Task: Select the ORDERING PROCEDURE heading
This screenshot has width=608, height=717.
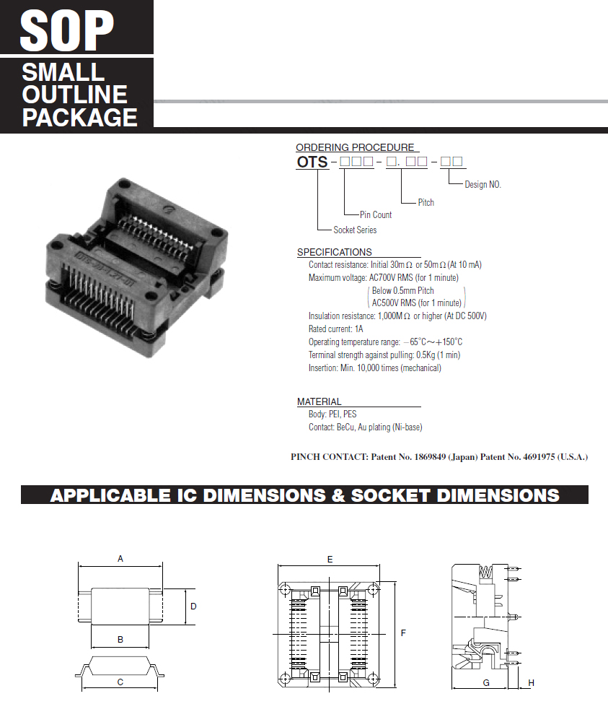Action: (355, 147)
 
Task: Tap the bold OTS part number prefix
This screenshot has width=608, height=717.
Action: (312, 162)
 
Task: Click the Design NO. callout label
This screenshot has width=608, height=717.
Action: (483, 185)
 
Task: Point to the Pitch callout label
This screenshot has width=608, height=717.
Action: (426, 203)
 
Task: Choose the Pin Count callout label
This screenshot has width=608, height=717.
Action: (376, 215)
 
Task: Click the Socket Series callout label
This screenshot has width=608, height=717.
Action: (355, 230)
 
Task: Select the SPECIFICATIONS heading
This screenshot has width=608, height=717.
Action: (335, 252)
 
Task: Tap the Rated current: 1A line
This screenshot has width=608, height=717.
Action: (335, 329)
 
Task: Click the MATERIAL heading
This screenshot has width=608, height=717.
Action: (320, 401)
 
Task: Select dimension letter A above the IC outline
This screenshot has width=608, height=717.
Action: (120, 559)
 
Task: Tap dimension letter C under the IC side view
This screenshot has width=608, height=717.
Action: (120, 682)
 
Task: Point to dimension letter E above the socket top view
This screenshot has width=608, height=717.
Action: (330, 560)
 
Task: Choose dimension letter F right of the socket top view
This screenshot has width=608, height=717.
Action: (403, 633)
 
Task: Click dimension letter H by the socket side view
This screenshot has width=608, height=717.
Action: (532, 682)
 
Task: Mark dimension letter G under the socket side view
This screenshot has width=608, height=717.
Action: (486, 682)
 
